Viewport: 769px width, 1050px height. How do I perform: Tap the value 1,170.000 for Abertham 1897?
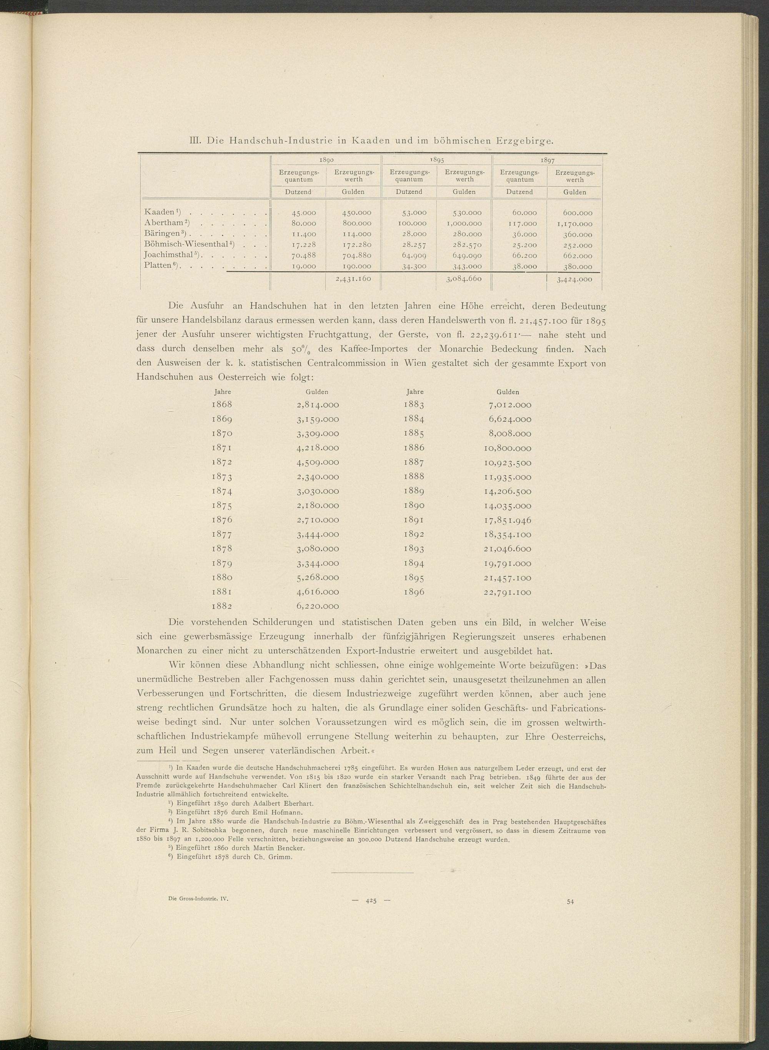pos(574,223)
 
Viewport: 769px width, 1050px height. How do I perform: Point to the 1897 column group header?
pos(547,160)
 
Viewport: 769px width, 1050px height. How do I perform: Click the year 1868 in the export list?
pos(221,404)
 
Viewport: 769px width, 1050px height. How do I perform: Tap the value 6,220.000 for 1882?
pos(318,606)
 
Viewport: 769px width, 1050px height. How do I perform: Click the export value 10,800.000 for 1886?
pos(506,448)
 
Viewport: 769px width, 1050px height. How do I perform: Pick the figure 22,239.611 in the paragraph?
pos(480,334)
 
